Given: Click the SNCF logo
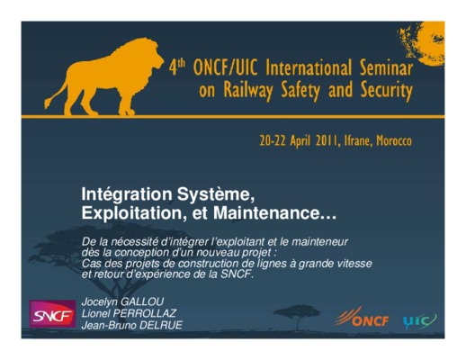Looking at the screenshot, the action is click(x=52, y=314).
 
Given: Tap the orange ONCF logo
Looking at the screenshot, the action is click(x=361, y=317).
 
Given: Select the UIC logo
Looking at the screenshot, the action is click(x=420, y=321).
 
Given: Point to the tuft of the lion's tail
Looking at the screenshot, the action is click(x=48, y=103).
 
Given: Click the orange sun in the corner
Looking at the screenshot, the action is click(x=425, y=42).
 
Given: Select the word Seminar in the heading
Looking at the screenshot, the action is click(x=386, y=68).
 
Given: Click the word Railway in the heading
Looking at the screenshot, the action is click(x=248, y=91).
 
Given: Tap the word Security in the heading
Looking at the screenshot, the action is click(x=387, y=91).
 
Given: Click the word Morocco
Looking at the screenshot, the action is click(x=394, y=140).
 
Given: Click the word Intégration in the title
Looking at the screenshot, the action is click(x=127, y=194).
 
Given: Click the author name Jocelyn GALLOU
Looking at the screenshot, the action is click(x=122, y=301).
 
